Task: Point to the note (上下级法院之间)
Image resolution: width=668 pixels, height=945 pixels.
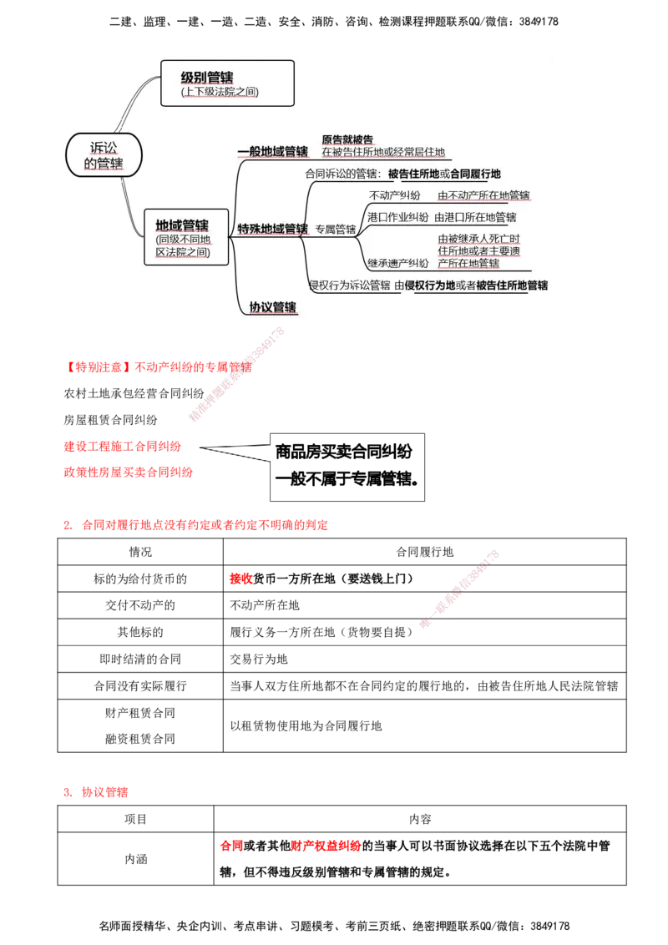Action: (220, 93)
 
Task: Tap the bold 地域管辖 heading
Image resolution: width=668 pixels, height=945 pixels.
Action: (182, 225)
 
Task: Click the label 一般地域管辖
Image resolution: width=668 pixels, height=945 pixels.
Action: (272, 152)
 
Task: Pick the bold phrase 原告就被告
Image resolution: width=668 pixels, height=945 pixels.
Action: (347, 139)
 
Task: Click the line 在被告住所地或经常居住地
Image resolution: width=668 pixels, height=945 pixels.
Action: (383, 153)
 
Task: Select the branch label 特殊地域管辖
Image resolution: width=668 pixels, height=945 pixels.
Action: (272, 228)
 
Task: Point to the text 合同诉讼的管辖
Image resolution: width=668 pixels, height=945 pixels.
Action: (342, 174)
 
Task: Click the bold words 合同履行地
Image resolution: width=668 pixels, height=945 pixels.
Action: (475, 174)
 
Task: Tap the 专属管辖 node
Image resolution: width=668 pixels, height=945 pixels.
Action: (336, 229)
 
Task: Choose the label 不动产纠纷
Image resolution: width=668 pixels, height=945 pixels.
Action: (394, 195)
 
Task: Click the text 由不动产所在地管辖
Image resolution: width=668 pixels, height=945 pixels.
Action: (483, 195)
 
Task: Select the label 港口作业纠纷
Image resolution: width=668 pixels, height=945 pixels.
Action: (398, 217)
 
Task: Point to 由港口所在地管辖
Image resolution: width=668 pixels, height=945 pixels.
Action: (476, 217)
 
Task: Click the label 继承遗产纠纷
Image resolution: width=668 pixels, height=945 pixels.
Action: (398, 263)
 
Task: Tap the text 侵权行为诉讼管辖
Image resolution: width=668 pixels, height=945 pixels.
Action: (349, 286)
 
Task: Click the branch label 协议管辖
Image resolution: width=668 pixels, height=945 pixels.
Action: (272, 307)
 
